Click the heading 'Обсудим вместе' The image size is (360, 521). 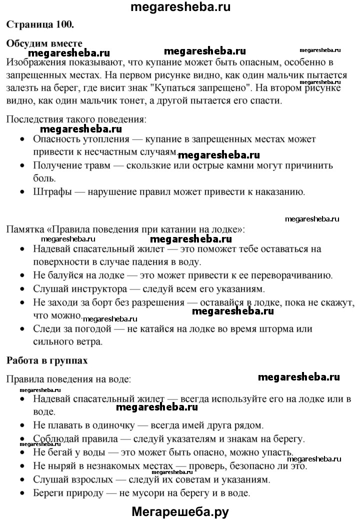tap(44, 43)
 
